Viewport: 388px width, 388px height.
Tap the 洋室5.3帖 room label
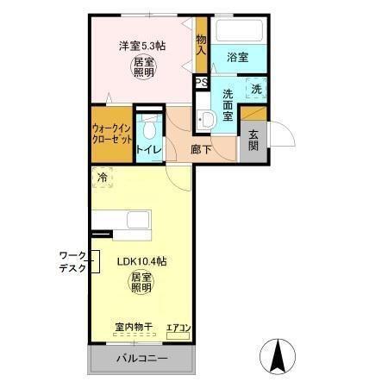click(141, 45)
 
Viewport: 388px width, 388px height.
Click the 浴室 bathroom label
click(238, 57)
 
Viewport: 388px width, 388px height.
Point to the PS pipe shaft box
click(201, 83)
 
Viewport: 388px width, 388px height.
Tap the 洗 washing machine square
click(256, 87)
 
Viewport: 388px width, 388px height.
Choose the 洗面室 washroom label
click(228, 104)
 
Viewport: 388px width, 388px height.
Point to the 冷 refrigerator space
click(103, 178)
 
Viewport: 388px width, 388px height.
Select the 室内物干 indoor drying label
click(134, 327)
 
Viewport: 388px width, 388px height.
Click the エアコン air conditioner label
click(178, 328)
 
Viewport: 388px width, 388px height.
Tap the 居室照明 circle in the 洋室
click(144, 66)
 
